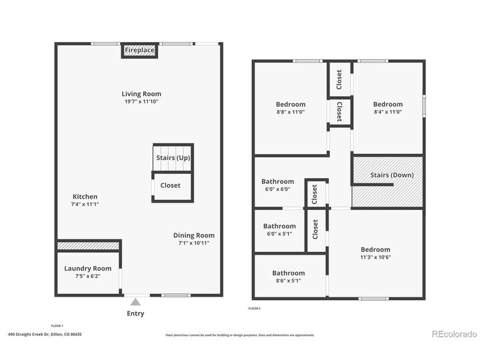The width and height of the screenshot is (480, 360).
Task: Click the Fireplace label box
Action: [139, 51]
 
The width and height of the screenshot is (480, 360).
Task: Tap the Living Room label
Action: [141, 94]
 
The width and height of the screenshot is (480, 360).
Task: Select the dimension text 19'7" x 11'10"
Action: [141, 102]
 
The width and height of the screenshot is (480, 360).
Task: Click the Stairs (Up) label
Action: [173, 158]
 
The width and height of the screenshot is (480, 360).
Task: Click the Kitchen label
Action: [85, 197]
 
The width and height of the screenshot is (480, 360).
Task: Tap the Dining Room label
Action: [193, 235]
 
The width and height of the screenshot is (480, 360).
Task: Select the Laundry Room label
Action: [87, 269]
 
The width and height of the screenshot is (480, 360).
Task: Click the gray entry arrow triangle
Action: [135, 302]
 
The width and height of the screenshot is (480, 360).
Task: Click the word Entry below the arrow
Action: [135, 313]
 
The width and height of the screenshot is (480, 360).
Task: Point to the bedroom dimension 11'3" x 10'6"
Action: [375, 257]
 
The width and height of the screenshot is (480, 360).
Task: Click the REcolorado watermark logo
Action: [453, 334]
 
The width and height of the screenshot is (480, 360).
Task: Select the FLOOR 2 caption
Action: [254, 309]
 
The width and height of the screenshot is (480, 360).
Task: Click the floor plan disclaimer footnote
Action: [240, 335]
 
